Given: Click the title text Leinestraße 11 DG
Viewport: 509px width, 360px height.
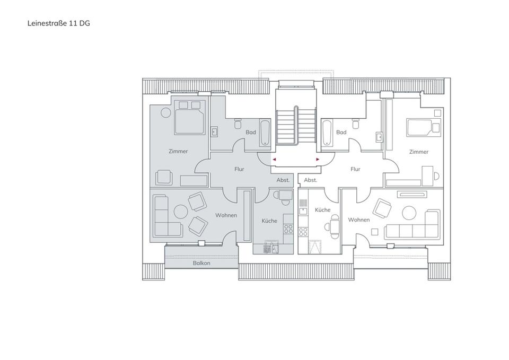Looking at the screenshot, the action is [x=58, y=23].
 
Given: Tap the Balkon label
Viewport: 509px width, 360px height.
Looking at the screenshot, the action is [x=201, y=263].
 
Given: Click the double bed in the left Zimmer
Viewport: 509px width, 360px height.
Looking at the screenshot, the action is [x=190, y=117].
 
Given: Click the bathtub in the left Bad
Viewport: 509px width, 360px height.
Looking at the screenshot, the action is [x=265, y=133].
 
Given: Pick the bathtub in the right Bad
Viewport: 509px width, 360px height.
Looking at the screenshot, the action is [x=327, y=133].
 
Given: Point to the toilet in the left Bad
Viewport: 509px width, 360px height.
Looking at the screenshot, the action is [x=238, y=124].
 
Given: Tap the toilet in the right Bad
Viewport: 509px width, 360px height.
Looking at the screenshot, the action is [x=356, y=124].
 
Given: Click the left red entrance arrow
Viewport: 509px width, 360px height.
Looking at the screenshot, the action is [x=274, y=160].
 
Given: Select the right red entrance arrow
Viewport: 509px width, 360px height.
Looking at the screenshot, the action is [x=318, y=160].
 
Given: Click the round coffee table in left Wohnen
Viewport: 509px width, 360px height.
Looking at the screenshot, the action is [x=181, y=212].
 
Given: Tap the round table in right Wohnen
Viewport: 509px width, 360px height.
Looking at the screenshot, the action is [x=409, y=213].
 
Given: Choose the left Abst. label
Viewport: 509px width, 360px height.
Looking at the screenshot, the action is [x=283, y=180].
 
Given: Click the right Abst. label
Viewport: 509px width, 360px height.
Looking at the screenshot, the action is [x=310, y=180].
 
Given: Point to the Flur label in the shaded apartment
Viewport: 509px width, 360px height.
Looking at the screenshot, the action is [x=239, y=169].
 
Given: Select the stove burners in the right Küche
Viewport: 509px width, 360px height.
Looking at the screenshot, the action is [x=303, y=232].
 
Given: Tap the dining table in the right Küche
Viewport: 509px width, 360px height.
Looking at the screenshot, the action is [x=335, y=226].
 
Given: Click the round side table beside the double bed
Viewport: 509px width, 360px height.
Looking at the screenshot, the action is [x=166, y=112].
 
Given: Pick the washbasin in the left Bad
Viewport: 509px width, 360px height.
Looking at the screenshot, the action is [x=214, y=131].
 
